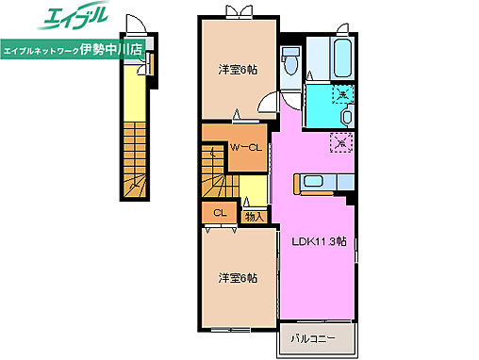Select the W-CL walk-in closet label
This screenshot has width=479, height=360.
(x=247, y=148)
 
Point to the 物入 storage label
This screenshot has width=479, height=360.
(x=254, y=217)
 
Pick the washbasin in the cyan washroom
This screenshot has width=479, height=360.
(x=348, y=117)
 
